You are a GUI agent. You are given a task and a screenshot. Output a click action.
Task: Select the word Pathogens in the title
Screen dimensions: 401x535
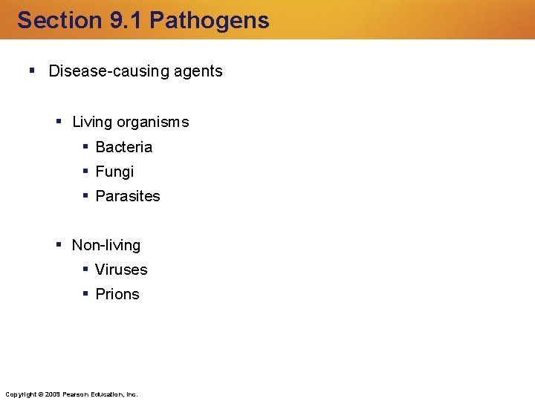click(210, 20)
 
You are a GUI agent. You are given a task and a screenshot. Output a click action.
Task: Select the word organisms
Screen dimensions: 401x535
click(155, 122)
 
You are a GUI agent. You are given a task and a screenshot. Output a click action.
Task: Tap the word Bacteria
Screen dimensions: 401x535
click(124, 147)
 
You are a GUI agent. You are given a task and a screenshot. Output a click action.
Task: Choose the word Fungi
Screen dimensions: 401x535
click(115, 172)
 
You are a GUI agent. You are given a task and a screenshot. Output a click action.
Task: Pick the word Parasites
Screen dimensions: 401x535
click(128, 196)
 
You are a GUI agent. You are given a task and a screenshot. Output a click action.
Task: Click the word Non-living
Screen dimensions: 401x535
click(106, 245)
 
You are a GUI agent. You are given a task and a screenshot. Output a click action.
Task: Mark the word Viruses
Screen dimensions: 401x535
click(122, 270)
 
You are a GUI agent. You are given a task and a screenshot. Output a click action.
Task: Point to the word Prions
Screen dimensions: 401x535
click(117, 294)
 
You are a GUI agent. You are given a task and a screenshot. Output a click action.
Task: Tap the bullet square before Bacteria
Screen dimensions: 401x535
click(86, 146)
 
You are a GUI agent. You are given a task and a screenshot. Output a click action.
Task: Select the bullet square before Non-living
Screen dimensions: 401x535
click(59, 244)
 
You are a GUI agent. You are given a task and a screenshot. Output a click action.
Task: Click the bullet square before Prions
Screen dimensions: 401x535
click(86, 293)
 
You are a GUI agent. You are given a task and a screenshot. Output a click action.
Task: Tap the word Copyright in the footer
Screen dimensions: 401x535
click(20, 394)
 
